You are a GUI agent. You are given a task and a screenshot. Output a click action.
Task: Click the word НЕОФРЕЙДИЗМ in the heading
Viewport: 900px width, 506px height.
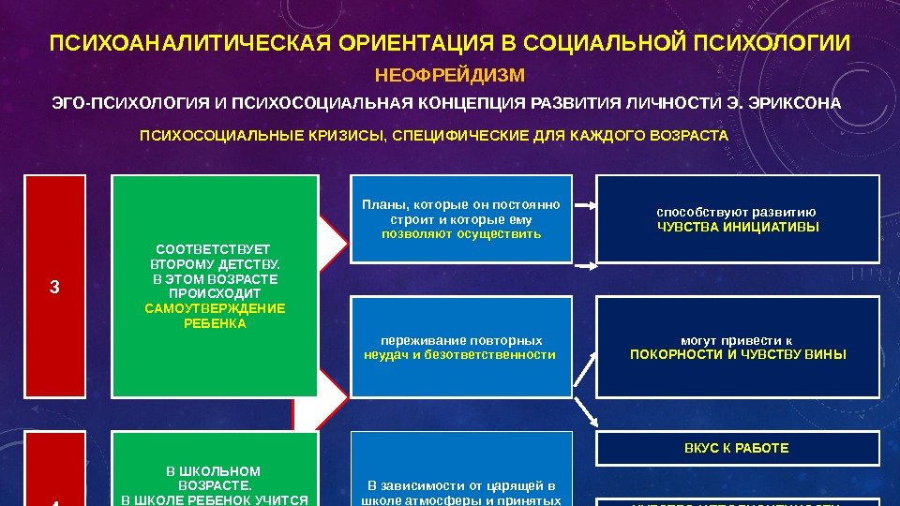tap(450, 74)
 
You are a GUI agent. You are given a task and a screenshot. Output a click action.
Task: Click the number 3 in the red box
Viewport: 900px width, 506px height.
tap(54, 288)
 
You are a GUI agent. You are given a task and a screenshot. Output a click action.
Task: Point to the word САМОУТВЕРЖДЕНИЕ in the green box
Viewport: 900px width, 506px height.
tap(216, 308)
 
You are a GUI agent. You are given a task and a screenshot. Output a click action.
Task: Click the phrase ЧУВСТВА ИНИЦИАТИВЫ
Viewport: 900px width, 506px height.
tap(737, 227)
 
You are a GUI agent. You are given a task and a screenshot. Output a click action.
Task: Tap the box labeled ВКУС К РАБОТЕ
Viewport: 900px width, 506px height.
tap(737, 448)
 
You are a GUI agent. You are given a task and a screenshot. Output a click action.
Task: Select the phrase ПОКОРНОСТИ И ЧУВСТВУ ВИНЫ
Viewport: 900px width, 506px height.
tap(737, 354)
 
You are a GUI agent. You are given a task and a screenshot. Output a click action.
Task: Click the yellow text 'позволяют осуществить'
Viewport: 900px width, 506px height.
tap(461, 233)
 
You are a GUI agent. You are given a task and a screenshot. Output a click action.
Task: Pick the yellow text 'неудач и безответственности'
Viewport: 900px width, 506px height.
tap(460, 354)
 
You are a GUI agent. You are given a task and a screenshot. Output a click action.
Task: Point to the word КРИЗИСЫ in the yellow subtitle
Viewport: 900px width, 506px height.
tap(345, 136)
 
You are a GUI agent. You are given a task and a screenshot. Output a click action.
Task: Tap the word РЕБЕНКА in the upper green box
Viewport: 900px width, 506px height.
tap(216, 323)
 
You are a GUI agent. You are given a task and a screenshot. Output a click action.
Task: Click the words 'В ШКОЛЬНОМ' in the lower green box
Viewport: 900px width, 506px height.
tap(214, 470)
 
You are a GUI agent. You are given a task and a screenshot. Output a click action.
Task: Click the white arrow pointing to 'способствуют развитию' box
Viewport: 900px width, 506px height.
tap(583, 203)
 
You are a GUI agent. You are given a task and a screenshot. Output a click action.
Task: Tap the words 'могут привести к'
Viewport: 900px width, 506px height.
tap(737, 340)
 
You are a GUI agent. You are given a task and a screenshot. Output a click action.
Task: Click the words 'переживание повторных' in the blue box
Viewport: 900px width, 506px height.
tap(460, 340)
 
